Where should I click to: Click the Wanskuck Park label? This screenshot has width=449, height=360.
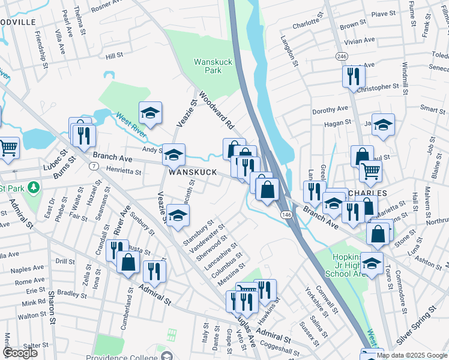click(208, 66)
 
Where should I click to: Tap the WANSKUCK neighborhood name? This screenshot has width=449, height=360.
click(192, 172)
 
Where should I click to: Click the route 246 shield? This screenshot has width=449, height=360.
click(342, 56)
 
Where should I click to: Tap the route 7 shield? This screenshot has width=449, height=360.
click(94, 165)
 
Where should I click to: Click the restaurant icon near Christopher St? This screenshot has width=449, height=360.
click(353, 76)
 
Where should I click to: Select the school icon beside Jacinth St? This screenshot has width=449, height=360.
click(178, 215)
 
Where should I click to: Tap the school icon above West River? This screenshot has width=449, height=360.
click(151, 112)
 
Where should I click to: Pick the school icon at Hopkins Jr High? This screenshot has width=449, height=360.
click(372, 263)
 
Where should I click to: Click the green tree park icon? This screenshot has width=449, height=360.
click(34, 187)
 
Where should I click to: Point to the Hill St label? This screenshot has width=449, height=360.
click(114, 55)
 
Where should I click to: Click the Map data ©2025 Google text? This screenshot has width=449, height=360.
click(412, 355)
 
